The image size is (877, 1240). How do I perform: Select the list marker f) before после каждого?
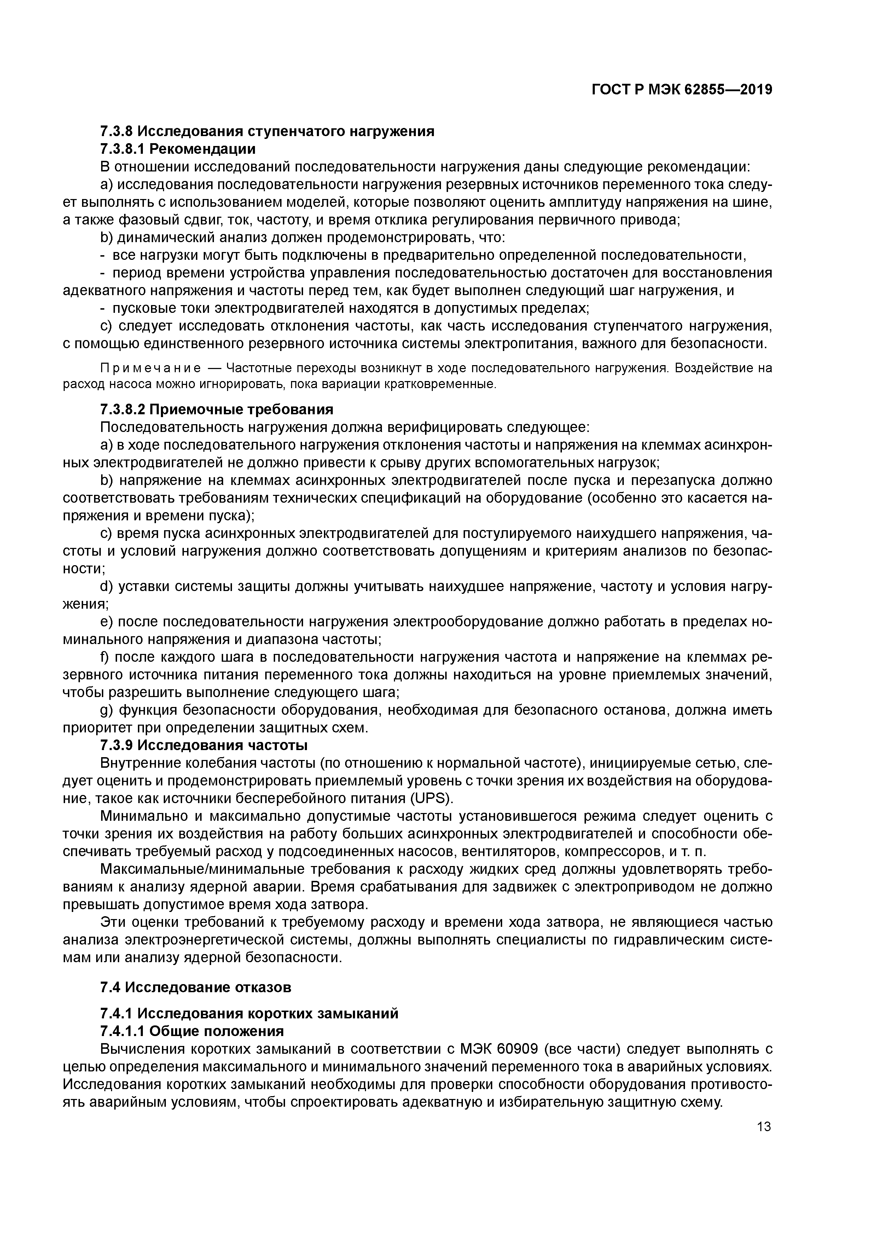tap(105, 657)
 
